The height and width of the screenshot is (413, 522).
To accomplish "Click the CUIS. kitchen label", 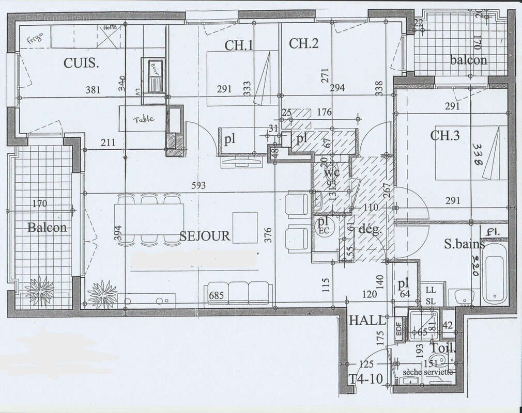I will tap(81, 63).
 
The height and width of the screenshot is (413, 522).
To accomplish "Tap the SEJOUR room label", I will tap(205, 236).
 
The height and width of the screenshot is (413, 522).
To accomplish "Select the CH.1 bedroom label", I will tap(239, 45).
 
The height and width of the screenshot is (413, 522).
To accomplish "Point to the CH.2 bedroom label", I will tap(303, 43).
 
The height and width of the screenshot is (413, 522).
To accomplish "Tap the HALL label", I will tap(367, 320).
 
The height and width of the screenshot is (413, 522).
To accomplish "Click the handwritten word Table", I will tap(143, 119).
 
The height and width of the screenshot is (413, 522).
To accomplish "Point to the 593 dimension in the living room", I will tap(197, 185).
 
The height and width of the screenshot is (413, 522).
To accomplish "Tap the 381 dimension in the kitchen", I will tap(93, 90).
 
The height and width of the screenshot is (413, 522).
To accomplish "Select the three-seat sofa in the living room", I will tap(238, 292).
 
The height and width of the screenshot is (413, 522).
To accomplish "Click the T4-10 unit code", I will tap(365, 378).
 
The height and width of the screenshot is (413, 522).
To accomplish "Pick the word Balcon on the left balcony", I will tap(47, 227).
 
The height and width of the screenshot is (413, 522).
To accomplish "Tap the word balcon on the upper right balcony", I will tap(468, 60).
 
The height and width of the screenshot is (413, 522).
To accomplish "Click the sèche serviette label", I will tap(428, 372).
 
